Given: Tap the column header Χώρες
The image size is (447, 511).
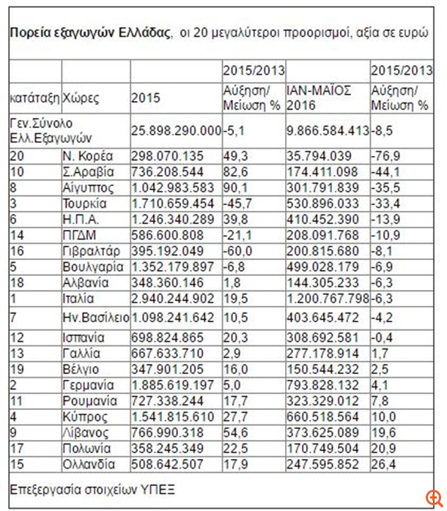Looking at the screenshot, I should coord(81,98).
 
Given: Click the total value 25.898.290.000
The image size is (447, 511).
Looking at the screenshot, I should coord(176,130).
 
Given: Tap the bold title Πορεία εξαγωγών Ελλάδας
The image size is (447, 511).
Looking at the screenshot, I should coord(89,33).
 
